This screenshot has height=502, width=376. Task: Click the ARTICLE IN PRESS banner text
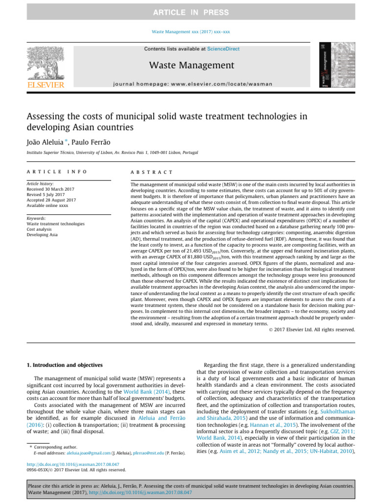point(188,12)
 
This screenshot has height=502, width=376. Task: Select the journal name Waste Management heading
point(191,65)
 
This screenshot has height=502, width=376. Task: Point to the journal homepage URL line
point(191,84)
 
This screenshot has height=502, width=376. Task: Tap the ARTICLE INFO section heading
point(56,172)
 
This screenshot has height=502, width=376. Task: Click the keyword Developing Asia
point(43,234)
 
